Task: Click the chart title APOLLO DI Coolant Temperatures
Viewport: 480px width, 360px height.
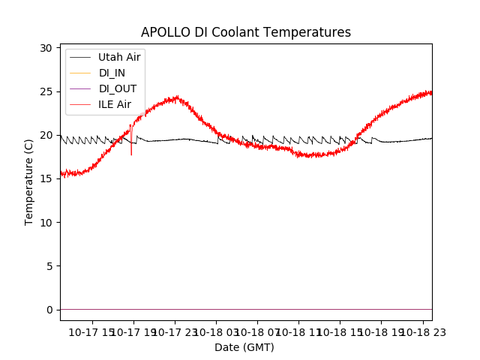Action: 246,32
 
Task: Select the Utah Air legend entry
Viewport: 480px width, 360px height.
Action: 118,57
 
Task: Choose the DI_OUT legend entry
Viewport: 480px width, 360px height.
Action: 118,88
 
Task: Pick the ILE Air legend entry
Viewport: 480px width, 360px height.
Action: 114,104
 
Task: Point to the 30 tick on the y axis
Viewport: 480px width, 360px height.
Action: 46,48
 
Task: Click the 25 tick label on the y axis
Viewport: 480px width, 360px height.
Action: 46,91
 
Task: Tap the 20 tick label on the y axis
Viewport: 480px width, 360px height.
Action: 46,135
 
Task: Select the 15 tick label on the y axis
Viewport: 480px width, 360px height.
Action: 46,178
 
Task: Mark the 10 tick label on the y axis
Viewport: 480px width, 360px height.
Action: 46,222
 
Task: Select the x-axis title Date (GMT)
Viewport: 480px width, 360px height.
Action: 244,347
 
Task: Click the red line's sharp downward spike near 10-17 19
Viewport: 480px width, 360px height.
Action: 131,153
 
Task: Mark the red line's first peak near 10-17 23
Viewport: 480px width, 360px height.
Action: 176,97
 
